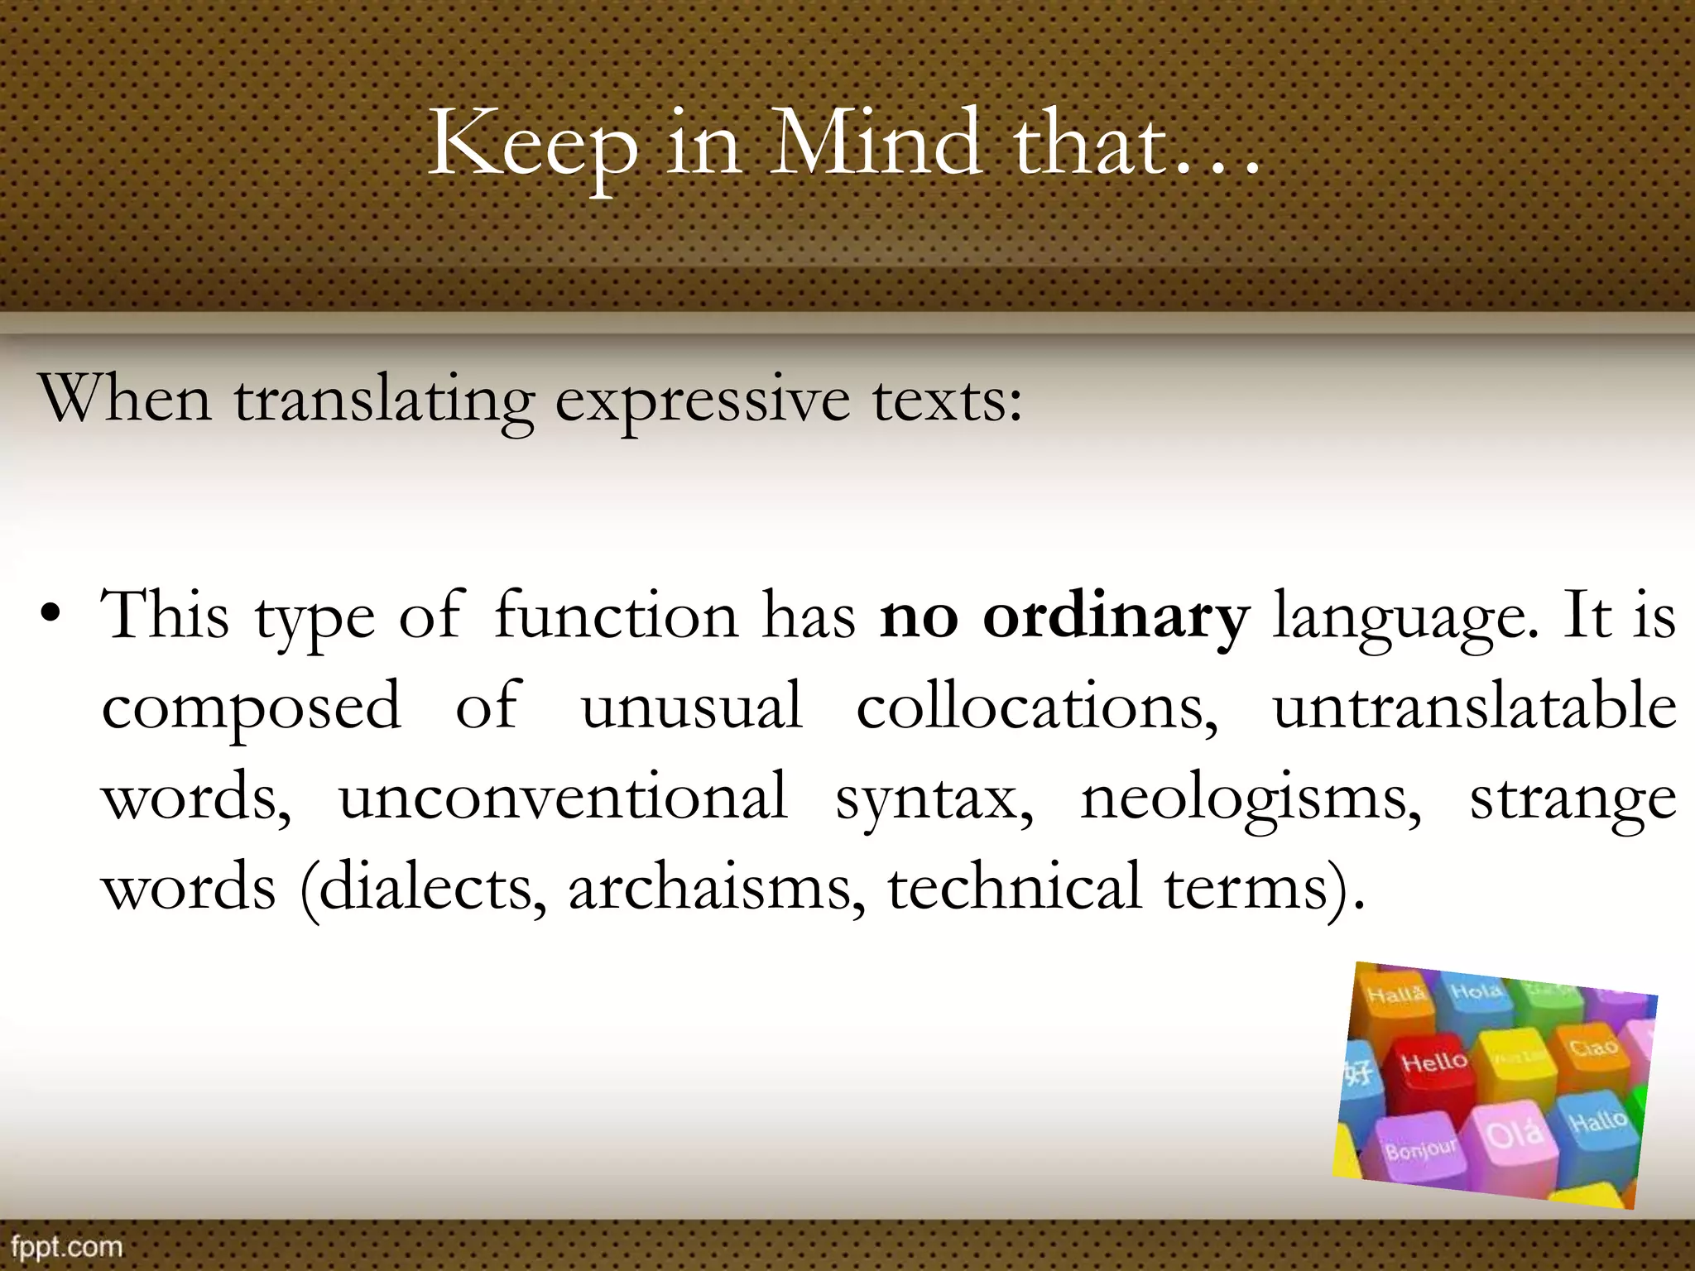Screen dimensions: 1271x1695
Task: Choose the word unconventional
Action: [x=563, y=797]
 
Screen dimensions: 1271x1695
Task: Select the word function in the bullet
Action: [x=616, y=616]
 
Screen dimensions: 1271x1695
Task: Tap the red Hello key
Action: [x=1433, y=1063]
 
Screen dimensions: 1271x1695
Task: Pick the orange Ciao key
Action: [x=1593, y=1048]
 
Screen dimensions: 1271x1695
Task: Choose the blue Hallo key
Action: [x=1598, y=1122]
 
